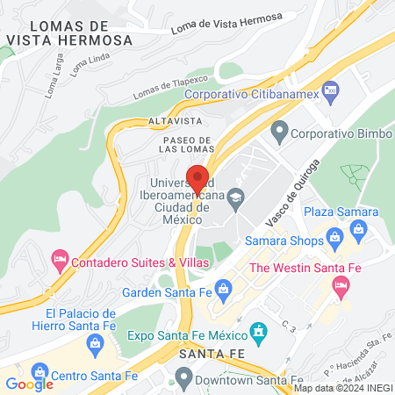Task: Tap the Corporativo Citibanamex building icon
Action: tap(330, 89)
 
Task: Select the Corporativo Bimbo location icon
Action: tap(279, 134)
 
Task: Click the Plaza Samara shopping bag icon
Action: tap(357, 230)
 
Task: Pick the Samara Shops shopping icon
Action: tap(334, 236)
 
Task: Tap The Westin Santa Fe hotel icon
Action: tap(341, 285)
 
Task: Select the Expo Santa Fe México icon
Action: tap(258, 333)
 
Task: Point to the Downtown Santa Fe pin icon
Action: tap(183, 378)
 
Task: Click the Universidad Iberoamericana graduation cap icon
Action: tap(234, 199)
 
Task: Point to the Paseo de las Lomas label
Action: tap(186, 144)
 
